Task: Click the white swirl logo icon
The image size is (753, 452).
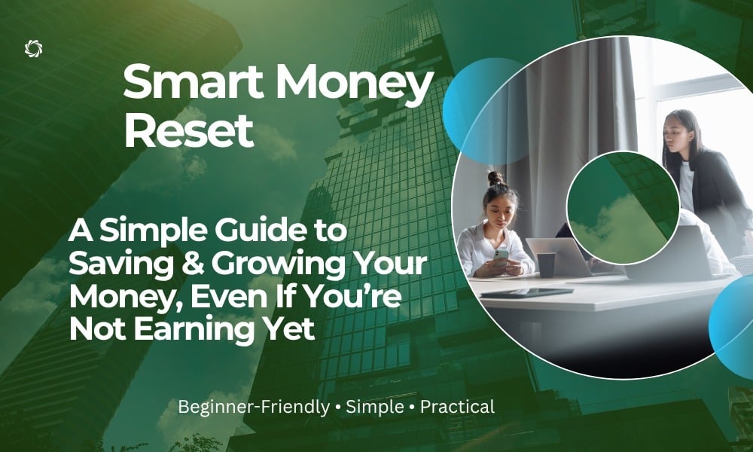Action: click(33, 48)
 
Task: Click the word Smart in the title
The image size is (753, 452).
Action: click(193, 83)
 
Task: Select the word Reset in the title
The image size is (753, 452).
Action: click(189, 130)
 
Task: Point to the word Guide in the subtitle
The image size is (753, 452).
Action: click(261, 231)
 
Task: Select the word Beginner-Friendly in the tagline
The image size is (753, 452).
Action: click(254, 408)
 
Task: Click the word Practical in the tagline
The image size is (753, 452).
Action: click(457, 407)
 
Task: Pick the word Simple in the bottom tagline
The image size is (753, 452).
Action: click(375, 408)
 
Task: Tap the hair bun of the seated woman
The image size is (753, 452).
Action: click(496, 179)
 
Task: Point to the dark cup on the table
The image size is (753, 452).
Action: click(546, 265)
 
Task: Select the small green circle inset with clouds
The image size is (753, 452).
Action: click(623, 208)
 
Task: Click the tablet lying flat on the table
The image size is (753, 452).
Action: click(526, 292)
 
